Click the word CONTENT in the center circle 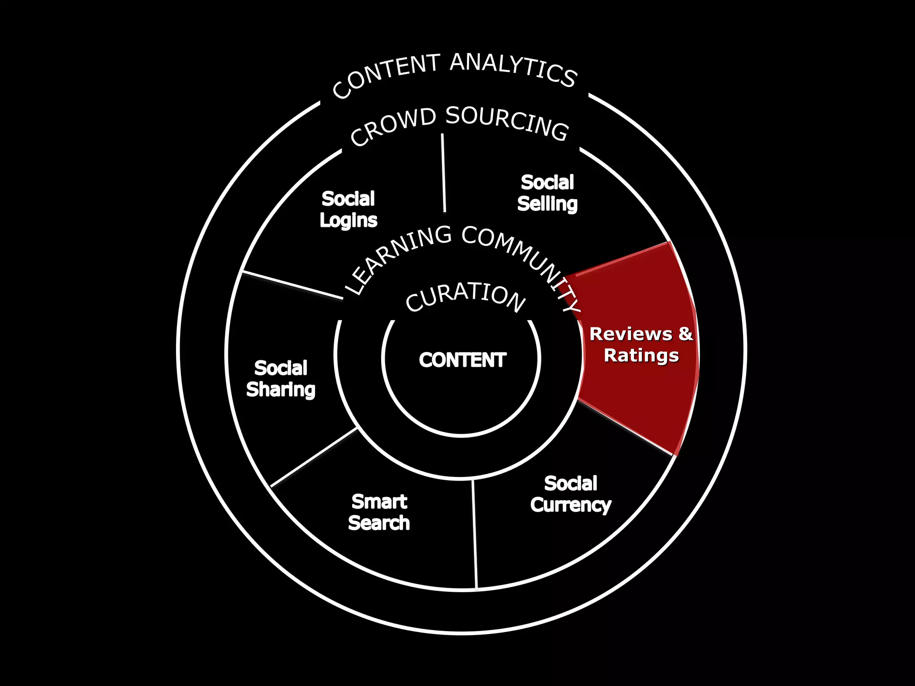(462, 360)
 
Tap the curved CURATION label (465, 297)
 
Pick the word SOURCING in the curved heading (508, 122)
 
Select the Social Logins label (348, 209)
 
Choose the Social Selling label (547, 193)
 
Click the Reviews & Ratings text (641, 345)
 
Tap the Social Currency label (571, 494)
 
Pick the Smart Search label (379, 512)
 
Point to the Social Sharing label (281, 379)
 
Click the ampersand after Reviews (685, 334)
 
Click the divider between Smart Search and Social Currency (475, 534)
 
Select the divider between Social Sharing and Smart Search (314, 457)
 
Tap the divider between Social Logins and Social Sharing (292, 284)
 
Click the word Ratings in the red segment (641, 356)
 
